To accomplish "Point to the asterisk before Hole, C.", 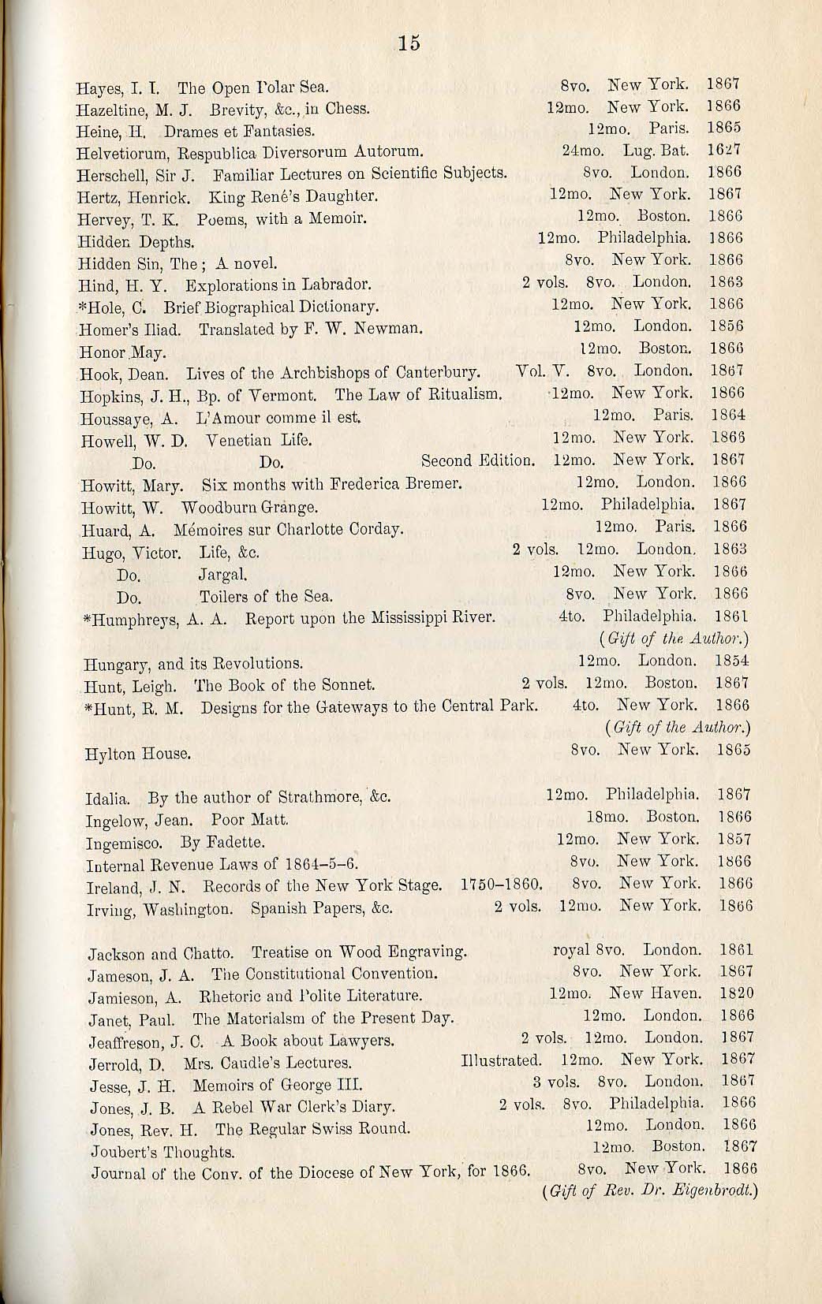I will click(82, 305).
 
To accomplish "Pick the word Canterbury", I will click(438, 371).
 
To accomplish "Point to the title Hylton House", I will click(138, 754).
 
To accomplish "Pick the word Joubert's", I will click(123, 1153).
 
